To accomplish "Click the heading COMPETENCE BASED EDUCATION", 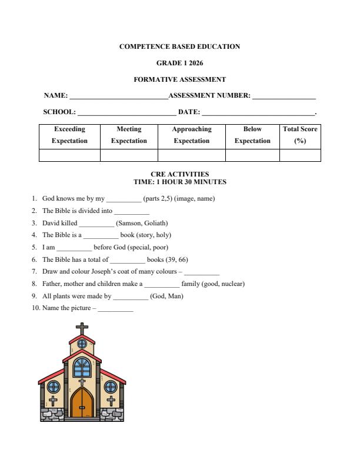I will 179,46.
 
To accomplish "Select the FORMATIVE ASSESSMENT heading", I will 179,79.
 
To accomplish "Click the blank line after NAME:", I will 118,96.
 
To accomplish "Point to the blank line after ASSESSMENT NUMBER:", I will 284,96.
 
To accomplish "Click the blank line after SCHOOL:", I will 126,112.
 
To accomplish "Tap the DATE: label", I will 188,112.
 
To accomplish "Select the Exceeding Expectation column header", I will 69,135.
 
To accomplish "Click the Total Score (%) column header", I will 300,135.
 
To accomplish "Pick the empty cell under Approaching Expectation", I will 191,155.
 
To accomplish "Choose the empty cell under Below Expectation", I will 252,155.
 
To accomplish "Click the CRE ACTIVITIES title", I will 179,174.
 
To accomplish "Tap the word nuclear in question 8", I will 232,284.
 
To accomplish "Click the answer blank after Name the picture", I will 115,308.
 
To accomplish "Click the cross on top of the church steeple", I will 82,328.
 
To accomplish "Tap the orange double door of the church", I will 82,404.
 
